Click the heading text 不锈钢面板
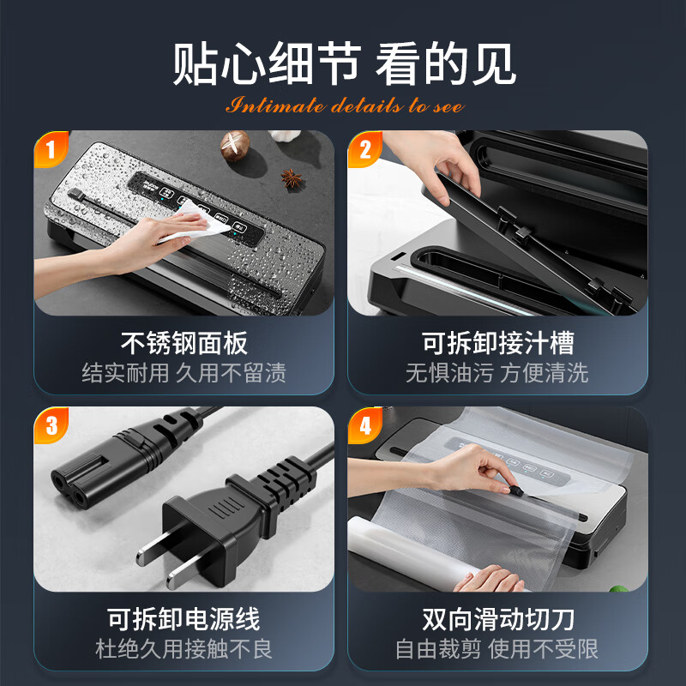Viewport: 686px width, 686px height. click(184, 343)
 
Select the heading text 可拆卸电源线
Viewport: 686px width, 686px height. click(184, 618)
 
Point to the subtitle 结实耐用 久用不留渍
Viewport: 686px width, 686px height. click(184, 373)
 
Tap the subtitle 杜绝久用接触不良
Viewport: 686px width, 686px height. click(184, 648)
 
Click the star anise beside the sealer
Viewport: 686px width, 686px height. click(293, 178)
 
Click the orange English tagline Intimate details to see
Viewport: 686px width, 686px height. click(344, 106)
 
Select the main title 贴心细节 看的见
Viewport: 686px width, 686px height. click(344, 65)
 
